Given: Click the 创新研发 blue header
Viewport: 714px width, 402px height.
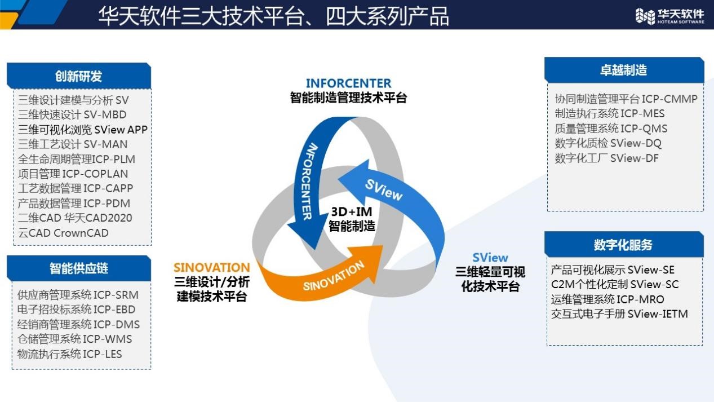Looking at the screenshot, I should [x=79, y=76].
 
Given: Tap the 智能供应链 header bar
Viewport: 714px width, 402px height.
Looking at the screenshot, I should [x=79, y=268].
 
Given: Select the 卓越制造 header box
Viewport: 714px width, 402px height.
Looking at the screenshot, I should [x=623, y=70].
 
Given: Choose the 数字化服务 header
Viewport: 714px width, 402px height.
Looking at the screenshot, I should [x=623, y=245].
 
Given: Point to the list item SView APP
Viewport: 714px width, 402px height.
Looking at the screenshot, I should [x=82, y=130].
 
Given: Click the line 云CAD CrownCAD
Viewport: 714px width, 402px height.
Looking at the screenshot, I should [x=63, y=233].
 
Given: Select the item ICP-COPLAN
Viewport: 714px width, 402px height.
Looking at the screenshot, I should [x=73, y=174].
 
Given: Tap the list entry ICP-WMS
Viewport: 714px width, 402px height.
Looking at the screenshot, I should [x=75, y=339].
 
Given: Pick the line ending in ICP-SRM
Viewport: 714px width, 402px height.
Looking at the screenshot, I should [x=78, y=295].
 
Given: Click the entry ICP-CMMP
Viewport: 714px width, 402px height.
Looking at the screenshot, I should [x=626, y=99].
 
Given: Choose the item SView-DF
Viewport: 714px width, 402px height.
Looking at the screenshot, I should [x=607, y=158].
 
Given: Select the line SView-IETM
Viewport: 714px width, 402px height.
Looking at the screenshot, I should [x=619, y=314].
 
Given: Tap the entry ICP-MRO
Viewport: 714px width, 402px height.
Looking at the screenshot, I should [x=607, y=299].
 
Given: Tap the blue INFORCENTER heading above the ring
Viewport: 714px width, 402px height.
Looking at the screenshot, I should [x=348, y=83].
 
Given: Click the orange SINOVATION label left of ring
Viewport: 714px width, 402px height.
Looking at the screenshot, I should [x=211, y=267].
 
